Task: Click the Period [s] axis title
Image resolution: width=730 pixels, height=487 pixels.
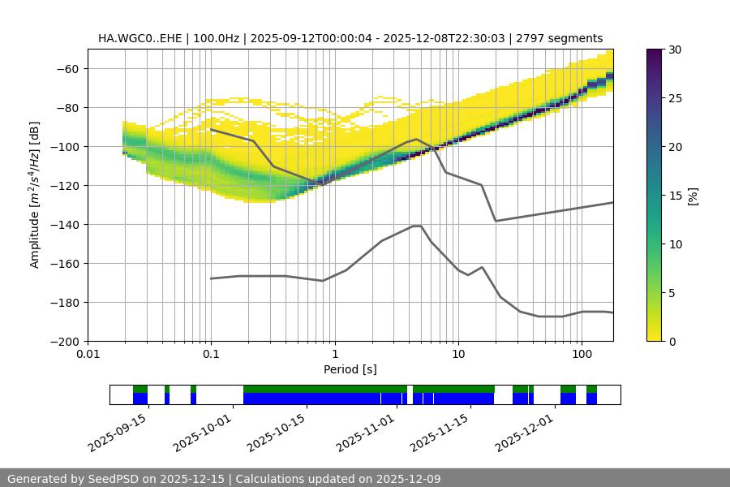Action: (x=350, y=369)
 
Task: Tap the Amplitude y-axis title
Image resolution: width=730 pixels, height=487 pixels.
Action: (x=35, y=195)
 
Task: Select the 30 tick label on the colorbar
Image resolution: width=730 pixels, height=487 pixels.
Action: (x=675, y=50)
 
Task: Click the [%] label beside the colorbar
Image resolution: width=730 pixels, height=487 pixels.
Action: (x=693, y=195)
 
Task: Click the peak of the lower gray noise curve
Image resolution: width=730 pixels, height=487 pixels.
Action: (x=417, y=226)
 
